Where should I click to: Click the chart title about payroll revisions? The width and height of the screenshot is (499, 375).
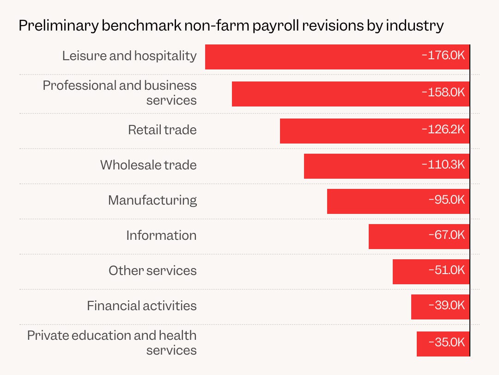pyautogui.click(x=231, y=25)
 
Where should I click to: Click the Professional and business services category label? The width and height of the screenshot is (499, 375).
pyautogui.click(x=120, y=93)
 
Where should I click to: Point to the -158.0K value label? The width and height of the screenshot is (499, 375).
pyautogui.click(x=443, y=92)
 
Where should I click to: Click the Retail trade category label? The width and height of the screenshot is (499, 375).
pyautogui.click(x=162, y=130)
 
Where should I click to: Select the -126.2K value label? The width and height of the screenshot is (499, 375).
pyautogui.click(x=443, y=129)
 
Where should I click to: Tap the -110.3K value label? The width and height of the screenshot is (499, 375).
pyautogui.click(x=443, y=164)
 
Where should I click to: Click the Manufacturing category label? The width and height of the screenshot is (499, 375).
pyautogui.click(x=152, y=200)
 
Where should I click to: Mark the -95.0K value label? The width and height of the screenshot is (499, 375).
pyautogui.click(x=446, y=200)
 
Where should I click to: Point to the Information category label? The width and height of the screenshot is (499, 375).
pyautogui.click(x=161, y=235)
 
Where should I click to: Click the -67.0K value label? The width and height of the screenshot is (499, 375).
pyautogui.click(x=446, y=235)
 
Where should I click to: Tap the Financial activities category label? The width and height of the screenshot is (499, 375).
pyautogui.click(x=142, y=306)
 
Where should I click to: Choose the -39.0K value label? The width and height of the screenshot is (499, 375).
pyautogui.click(x=446, y=305)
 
